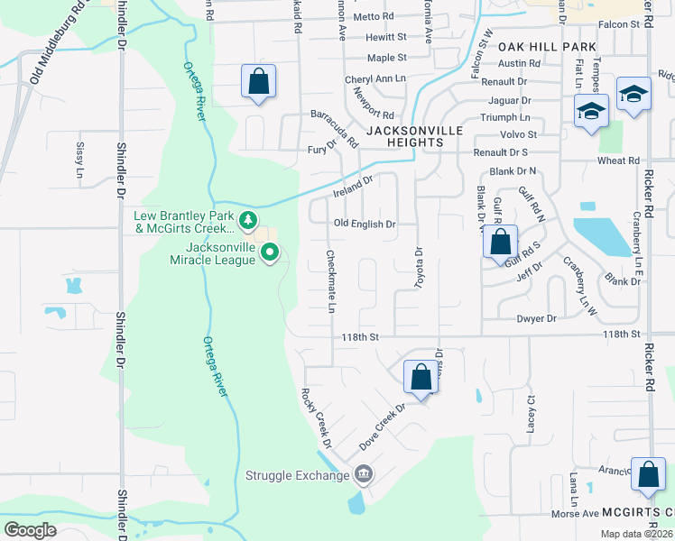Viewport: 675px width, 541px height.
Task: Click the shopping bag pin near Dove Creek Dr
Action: tap(421, 376)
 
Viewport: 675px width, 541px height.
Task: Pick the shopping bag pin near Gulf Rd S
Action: tap(499, 242)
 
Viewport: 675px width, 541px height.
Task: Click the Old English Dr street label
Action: tap(365, 224)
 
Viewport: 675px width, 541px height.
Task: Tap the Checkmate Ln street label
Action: tap(331, 282)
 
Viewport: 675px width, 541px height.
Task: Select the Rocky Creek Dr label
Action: tap(317, 418)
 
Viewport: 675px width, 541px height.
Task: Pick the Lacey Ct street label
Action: tap(532, 409)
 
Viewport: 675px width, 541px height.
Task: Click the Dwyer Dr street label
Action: tap(536, 318)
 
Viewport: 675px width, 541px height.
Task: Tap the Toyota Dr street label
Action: tap(419, 268)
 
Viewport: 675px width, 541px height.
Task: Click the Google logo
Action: tap(31, 530)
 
